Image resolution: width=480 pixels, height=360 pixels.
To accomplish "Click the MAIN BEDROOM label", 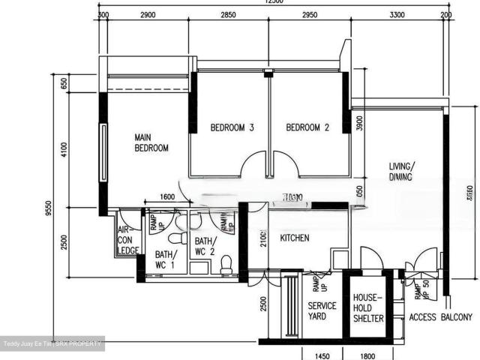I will tap(151, 142).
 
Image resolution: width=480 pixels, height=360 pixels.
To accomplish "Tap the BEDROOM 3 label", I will tap(232, 127).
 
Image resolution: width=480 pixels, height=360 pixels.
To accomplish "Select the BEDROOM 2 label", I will tap(307, 127).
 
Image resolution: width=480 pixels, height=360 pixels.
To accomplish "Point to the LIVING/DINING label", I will tap(402, 172).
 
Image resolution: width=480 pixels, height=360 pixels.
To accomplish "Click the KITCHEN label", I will tap(295, 238).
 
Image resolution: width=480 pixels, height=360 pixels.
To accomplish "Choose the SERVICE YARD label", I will tap(322, 312).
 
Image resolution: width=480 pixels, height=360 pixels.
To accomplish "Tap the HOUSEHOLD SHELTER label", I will tap(368, 307).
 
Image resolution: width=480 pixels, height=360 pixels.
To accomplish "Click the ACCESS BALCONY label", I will tap(441, 317).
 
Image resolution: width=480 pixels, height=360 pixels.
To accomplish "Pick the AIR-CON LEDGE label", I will tap(127, 240).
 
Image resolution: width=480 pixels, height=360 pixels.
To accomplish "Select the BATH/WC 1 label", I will tap(164, 259).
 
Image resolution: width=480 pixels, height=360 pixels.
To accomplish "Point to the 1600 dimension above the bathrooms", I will tap(167, 197).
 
